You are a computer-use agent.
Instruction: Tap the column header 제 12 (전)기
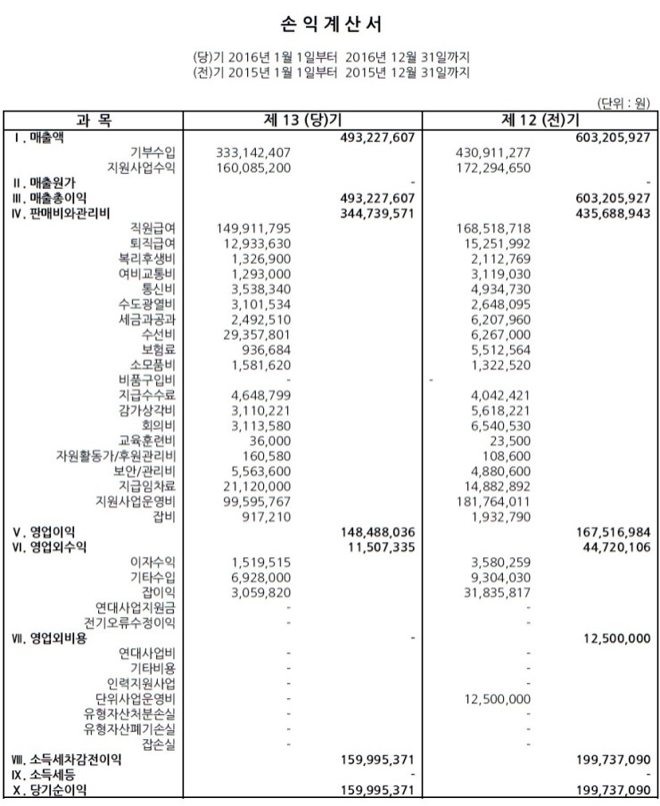pos(540,120)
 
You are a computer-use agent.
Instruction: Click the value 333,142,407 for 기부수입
pos(248,152)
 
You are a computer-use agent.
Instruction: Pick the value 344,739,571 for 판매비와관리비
pos(378,212)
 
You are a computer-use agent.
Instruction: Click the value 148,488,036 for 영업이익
pos(378,531)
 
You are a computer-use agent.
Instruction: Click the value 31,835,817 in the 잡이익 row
pos(496,592)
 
